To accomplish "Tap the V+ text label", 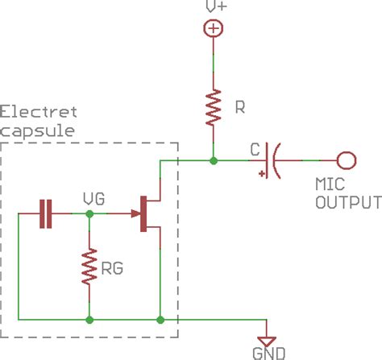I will [x=214, y=6].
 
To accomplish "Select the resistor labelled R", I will [x=214, y=108].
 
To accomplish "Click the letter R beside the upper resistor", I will [x=239, y=107].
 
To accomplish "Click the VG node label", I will [x=93, y=197].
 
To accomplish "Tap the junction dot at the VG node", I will [x=89, y=213].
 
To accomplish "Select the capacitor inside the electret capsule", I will [x=47, y=213].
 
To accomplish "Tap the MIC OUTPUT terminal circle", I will [x=347, y=161].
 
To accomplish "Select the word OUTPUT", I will [x=347, y=201].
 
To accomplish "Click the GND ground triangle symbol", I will [x=268, y=338].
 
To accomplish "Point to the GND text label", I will [x=268, y=354].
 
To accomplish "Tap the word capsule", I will [x=38, y=129].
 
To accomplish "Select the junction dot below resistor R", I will [x=214, y=161].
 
